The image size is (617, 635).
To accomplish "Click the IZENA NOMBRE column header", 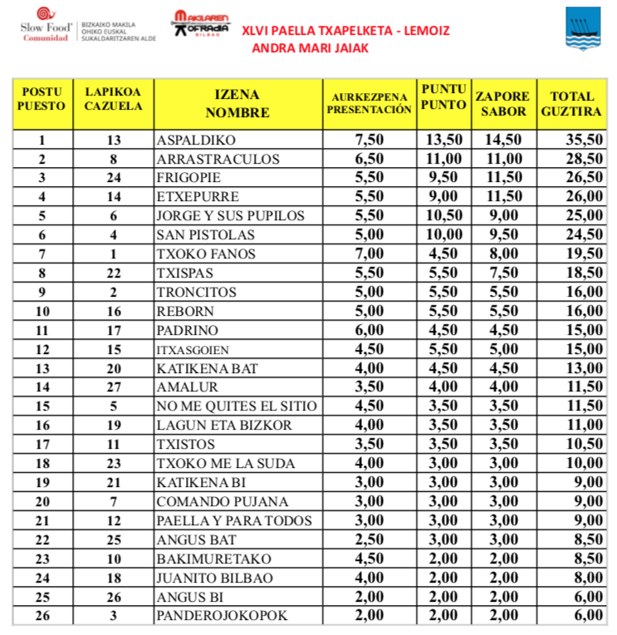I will click(237, 104).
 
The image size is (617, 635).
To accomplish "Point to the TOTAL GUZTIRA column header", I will click(570, 104).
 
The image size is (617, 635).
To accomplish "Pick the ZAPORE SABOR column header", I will click(502, 104).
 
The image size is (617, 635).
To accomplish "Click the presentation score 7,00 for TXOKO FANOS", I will click(369, 254).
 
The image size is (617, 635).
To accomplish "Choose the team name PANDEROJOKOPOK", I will click(223, 616).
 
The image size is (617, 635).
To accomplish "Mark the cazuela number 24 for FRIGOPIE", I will click(114, 178).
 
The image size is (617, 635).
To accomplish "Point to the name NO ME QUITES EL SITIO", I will click(237, 406).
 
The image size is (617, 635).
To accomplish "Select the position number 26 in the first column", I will click(42, 616).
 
